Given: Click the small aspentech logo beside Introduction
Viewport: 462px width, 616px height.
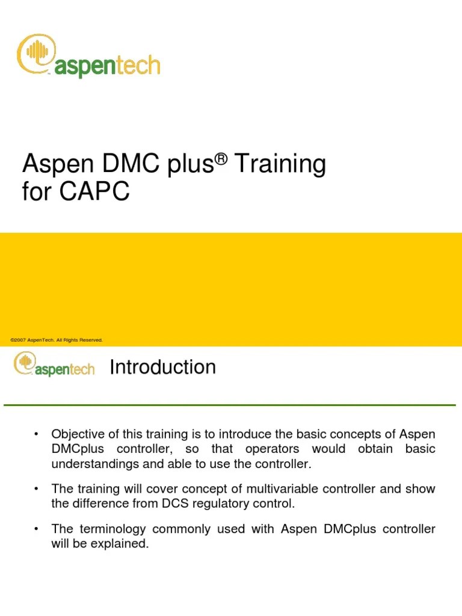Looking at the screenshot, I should [x=54, y=366].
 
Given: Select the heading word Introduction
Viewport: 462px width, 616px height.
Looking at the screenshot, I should [x=162, y=367].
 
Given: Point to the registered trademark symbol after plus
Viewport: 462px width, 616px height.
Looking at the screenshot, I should [x=222, y=157].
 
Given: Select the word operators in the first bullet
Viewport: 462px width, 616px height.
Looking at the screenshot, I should [x=271, y=449].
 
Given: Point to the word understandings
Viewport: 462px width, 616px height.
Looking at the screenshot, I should [x=94, y=464].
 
